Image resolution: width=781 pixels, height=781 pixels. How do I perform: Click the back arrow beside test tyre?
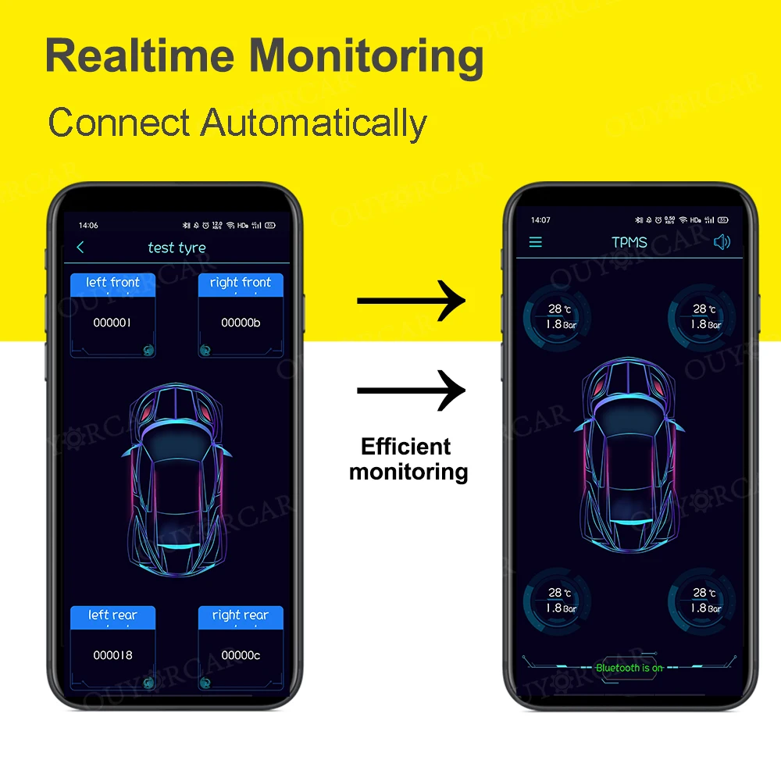80,248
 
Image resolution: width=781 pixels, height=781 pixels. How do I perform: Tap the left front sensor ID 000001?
112,323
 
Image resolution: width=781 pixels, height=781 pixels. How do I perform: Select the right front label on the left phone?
241,283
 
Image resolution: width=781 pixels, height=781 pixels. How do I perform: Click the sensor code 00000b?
241,323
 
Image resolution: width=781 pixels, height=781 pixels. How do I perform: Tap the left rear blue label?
112,615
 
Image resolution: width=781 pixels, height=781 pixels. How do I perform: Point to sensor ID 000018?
112,655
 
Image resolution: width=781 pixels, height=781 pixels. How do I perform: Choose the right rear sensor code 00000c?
241,655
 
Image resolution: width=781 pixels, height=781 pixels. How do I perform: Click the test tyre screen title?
177,248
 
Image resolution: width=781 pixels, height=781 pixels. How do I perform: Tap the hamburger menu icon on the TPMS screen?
536,242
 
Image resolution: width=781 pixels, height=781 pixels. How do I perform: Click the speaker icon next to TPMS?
722,242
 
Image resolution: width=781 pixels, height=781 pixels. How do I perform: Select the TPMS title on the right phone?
629,242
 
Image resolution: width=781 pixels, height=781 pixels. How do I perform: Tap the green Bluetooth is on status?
629,668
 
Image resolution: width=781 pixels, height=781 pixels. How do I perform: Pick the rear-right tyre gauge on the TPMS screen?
701,601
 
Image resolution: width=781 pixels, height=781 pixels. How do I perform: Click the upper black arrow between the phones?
411,301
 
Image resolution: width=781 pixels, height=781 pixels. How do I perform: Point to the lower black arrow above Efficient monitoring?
411,390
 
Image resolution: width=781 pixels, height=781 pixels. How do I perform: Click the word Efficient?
406,447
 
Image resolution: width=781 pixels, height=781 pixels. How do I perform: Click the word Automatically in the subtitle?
313,123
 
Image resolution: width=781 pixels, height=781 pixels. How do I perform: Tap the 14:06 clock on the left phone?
88,226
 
